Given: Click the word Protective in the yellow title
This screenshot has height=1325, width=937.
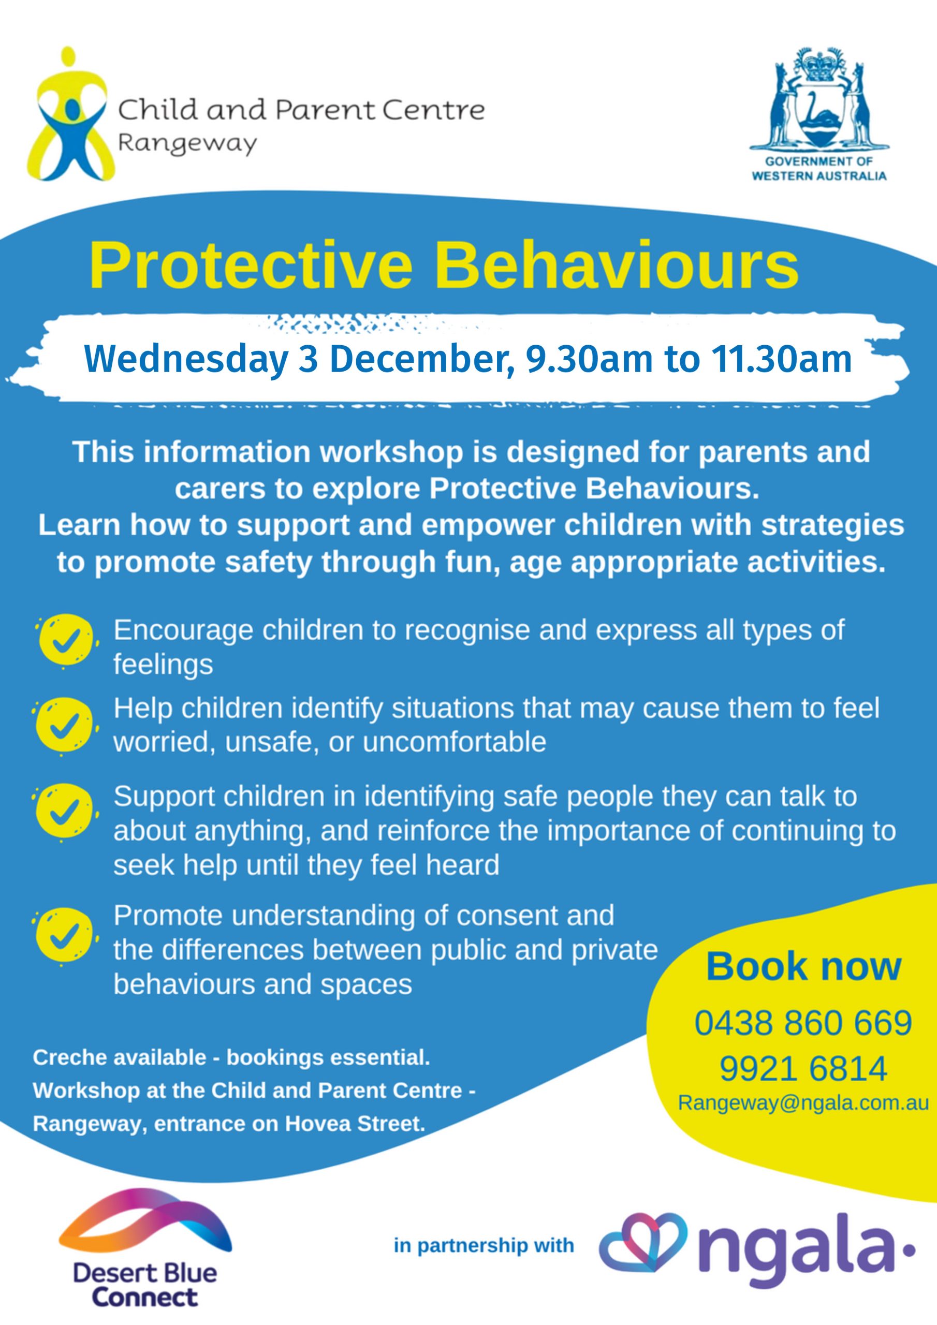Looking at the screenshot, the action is click(251, 267).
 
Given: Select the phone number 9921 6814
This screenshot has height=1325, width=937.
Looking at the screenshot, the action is click(803, 1068).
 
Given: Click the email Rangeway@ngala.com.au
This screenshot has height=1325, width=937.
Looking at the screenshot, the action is click(803, 1103).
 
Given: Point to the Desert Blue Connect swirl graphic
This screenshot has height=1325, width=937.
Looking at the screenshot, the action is click(145, 1214).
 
